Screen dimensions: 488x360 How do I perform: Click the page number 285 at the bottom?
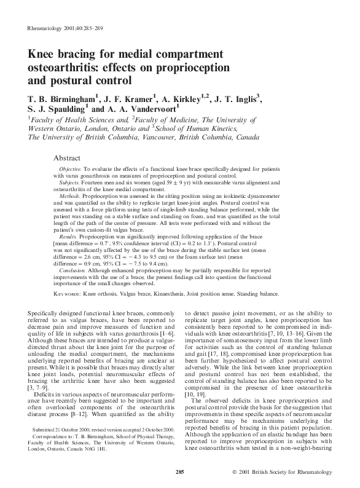pyautogui.click(x=179, y=472)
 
